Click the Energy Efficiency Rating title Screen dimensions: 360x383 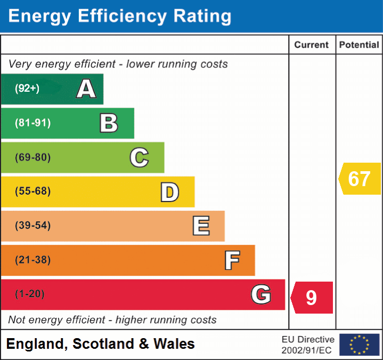120,17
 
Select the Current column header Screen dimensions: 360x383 312,45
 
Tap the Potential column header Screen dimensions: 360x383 359,45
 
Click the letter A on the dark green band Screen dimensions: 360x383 86,89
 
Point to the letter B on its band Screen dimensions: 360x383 109,123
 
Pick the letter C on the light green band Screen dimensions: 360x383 139,157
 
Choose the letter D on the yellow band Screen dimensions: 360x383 169,192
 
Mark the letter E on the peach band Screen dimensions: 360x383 201,226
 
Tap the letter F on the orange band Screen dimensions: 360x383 232,260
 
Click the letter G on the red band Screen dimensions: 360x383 261,294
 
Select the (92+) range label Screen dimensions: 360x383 27,89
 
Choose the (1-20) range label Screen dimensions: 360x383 30,294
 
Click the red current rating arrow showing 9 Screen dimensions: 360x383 313,298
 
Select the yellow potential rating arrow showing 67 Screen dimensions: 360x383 360,179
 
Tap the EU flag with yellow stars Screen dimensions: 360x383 359,345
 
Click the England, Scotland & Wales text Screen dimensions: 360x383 101,344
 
